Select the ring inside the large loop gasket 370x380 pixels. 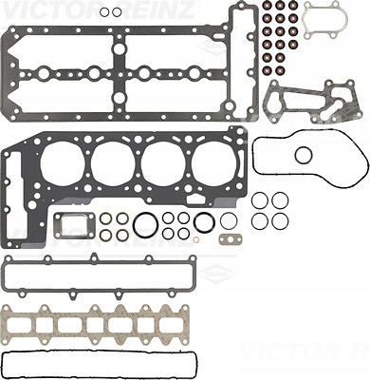pos(304,155)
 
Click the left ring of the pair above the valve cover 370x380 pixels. pos(105,12)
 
